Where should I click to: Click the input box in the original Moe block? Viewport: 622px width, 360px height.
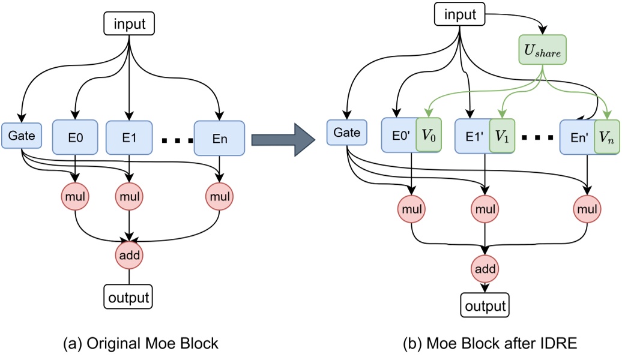pos(129,25)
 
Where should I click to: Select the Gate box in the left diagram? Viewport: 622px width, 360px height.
pos(20,137)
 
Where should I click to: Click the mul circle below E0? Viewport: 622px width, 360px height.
pos(76,196)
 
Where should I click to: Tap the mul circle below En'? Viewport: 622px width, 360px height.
pos(587,209)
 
